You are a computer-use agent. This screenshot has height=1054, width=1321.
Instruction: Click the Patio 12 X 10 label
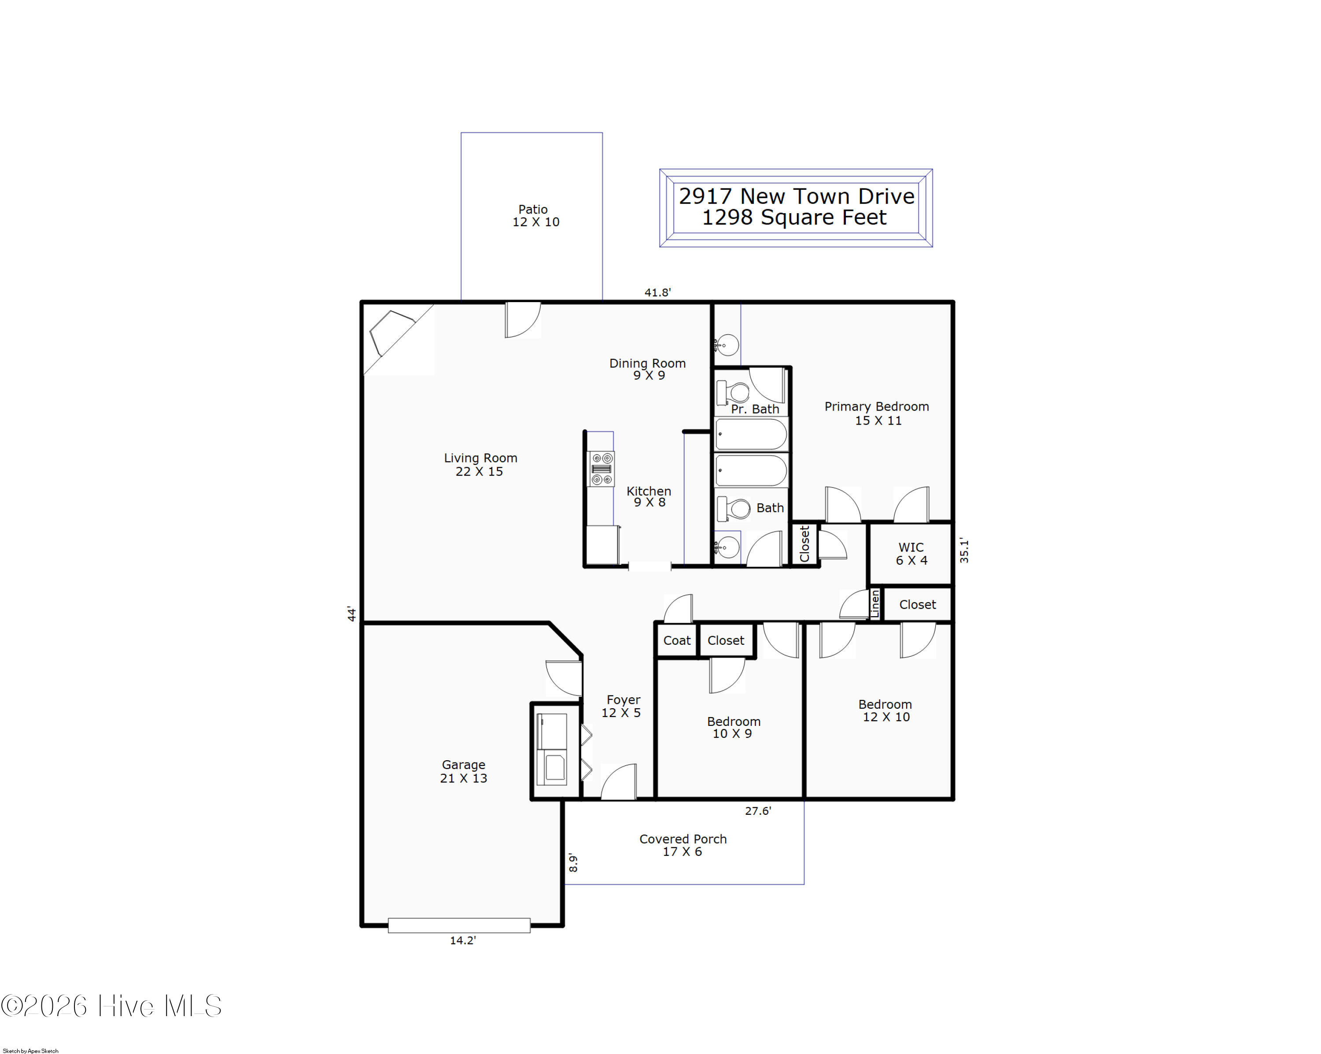point(535,216)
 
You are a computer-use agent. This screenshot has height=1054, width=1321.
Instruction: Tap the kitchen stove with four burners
point(601,469)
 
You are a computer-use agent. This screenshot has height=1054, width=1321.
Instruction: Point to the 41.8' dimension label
point(657,293)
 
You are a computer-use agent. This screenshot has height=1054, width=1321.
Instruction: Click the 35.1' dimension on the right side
point(964,550)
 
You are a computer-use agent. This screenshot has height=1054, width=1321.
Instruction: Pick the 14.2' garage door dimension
point(463,940)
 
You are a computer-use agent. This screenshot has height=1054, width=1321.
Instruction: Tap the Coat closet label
point(676,640)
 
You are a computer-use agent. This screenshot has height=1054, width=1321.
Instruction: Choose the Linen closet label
point(875,603)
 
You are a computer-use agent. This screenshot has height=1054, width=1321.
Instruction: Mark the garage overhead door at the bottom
point(459,925)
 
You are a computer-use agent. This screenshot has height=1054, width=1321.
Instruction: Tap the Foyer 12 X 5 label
point(622,706)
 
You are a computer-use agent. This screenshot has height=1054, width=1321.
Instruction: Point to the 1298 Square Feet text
point(794,218)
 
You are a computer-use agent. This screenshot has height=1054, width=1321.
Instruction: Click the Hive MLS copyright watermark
point(111,1006)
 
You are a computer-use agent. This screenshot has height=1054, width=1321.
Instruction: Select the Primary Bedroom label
point(877,413)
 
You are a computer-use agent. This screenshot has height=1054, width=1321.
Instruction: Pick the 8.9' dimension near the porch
point(573,863)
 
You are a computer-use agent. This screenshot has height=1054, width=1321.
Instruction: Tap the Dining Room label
point(648,369)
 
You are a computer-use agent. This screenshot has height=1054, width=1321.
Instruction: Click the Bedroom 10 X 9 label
point(734,727)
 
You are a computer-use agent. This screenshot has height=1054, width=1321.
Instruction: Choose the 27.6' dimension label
point(758,811)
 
